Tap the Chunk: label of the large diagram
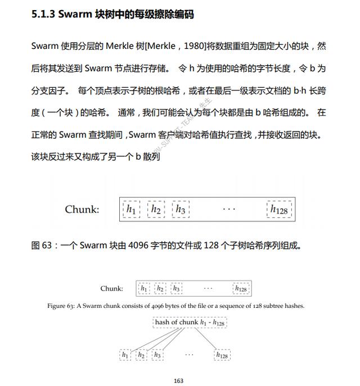pyautogui.click(x=82, y=209)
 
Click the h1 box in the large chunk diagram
pyautogui.click(x=131, y=210)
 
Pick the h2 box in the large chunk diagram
pyautogui.click(x=156, y=210)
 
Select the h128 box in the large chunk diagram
pyautogui.click(x=279, y=210)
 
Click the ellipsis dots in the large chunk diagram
pyautogui.click(x=229, y=210)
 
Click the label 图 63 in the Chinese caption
pyautogui.click(x=43, y=245)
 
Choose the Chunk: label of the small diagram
pyautogui.click(x=111, y=289)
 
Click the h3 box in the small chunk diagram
pyautogui.click(x=176, y=289)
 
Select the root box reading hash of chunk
pyautogui.click(x=190, y=323)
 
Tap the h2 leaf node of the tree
pyautogui.click(x=141, y=355)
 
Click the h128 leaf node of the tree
pyautogui.click(x=222, y=355)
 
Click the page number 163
pyautogui.click(x=179, y=381)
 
